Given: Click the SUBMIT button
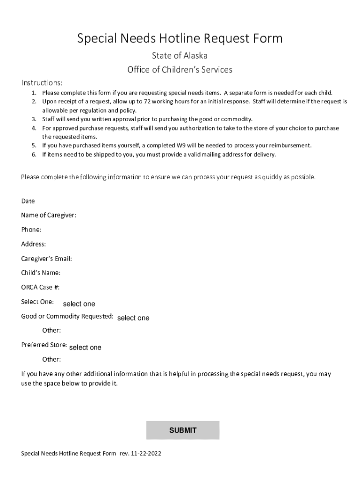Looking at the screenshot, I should coord(182,430).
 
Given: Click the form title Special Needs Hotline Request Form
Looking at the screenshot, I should coord(180,38).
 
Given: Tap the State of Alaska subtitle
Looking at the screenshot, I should coord(180,56).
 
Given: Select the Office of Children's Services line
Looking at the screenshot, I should coord(180,70).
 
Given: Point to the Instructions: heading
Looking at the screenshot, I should coord(42,83).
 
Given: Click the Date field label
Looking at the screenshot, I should coord(28,201).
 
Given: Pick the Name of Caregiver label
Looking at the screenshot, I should coord(49,215).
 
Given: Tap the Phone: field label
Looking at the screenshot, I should coord(31,230).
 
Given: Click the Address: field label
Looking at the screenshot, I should coord(33,244).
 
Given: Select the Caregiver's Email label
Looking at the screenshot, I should coord(46,259).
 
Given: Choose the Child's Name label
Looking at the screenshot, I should coord(41,273).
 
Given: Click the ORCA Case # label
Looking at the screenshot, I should coord(40,287).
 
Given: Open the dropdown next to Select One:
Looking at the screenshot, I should coord(79,304).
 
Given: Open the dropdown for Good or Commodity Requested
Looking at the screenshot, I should coord(133,318).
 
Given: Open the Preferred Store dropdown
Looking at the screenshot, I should coord(85,348).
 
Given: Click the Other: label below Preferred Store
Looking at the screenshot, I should coord(51,359).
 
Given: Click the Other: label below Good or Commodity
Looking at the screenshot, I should coord(51,330).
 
